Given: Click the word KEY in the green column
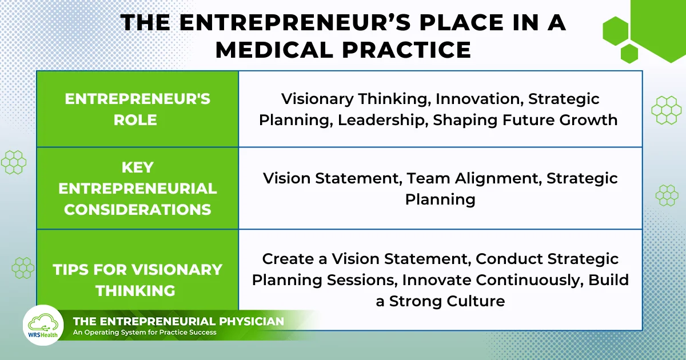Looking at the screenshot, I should pyautogui.click(x=137, y=167).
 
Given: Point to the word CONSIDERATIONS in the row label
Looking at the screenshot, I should pyautogui.click(x=137, y=209).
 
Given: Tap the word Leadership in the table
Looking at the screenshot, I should pyautogui.click(x=382, y=120).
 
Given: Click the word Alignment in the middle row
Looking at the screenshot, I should pyautogui.click(x=496, y=178).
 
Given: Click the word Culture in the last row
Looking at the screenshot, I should pyautogui.click(x=476, y=301).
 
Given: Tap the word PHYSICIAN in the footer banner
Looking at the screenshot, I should pyautogui.click(x=247, y=322).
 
